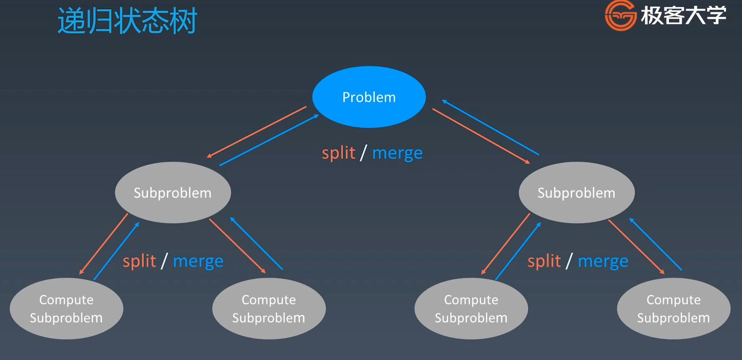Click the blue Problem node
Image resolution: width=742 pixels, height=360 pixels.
point(369,97)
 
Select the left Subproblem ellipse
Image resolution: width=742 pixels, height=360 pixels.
point(173,193)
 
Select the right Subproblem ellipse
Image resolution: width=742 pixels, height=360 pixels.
point(577,193)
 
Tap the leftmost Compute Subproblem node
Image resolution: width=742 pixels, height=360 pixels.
point(66,309)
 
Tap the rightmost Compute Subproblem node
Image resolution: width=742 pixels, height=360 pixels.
point(673,309)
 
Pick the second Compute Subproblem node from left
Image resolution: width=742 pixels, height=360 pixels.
point(269,309)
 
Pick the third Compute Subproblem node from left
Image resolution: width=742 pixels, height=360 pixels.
point(471,309)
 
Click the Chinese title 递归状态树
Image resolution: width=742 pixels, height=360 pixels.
point(127,21)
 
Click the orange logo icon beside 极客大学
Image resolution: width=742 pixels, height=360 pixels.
point(620,16)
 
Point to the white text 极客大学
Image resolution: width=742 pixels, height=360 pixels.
point(683,16)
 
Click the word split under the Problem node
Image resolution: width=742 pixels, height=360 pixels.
point(339,153)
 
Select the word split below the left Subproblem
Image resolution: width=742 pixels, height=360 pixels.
point(140,261)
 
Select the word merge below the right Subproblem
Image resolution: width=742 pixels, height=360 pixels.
point(603,261)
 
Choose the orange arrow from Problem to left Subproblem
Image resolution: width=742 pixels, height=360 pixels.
point(256,132)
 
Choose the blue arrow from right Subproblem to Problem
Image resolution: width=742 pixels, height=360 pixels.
point(490,127)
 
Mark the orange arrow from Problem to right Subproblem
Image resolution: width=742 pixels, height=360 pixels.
point(481,136)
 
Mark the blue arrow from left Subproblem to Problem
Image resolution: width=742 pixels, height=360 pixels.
point(269,140)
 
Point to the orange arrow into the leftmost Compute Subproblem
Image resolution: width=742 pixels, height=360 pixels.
point(104,244)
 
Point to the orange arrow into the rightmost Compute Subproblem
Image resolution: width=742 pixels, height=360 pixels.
point(637,247)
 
